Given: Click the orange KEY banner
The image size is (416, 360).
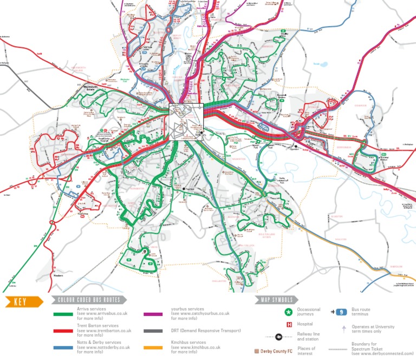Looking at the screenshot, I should [22, 302].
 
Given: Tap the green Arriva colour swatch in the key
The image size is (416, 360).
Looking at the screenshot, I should [63, 314].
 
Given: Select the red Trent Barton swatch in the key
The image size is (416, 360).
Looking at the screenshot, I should [63, 331].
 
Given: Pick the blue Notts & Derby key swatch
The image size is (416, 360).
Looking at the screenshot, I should [63, 348].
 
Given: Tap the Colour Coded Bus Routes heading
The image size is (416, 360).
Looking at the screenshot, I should [89, 300].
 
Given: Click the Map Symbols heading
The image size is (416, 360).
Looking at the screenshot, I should [277, 300].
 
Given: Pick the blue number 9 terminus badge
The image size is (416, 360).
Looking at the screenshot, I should [340, 312].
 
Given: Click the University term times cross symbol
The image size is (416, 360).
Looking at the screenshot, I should [343, 329].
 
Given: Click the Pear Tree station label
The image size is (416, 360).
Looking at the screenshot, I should [188, 189].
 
